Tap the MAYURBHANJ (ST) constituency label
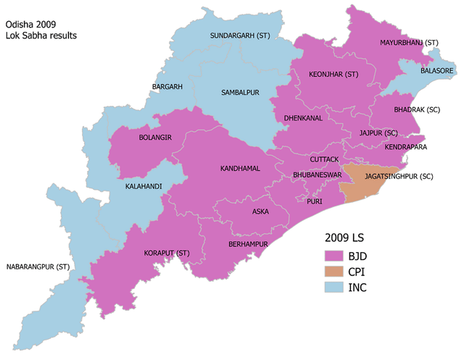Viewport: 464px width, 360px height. pyautogui.click(x=410, y=43)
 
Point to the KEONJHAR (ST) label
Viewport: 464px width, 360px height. pyautogui.click(x=333, y=75)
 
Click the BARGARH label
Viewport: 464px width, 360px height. pyautogui.click(x=167, y=87)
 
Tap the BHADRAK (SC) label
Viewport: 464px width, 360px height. pyautogui.click(x=417, y=109)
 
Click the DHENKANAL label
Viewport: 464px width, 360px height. pyautogui.click(x=303, y=117)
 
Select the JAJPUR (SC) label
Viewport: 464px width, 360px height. pyautogui.click(x=379, y=133)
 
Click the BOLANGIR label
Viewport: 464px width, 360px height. pyautogui.click(x=154, y=136)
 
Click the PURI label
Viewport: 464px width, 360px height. pyautogui.click(x=314, y=202)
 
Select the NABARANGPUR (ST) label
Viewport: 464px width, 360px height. pyautogui.click(x=38, y=267)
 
